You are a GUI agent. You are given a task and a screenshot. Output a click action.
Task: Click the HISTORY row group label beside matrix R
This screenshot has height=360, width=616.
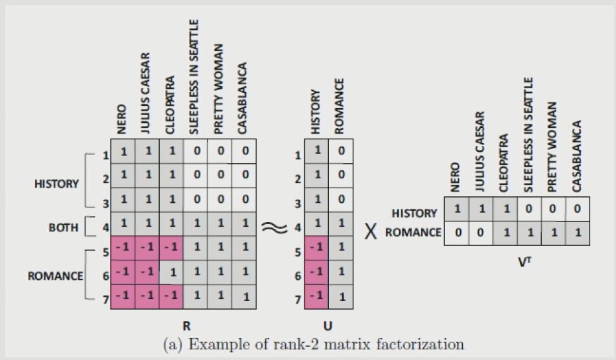[56, 184]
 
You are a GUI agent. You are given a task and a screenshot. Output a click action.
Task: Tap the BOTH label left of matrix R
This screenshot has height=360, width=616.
[63, 227]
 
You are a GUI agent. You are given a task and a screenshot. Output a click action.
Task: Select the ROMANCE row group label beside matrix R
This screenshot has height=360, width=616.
[55, 276]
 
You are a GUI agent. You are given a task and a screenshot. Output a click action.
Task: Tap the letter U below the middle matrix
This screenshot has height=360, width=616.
[328, 326]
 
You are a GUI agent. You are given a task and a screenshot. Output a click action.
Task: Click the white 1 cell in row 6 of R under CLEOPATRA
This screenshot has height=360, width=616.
[172, 272]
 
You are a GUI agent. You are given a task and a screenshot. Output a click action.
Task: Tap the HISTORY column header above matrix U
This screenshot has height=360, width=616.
[316, 111]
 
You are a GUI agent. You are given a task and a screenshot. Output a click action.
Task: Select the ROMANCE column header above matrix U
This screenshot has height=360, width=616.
[339, 106]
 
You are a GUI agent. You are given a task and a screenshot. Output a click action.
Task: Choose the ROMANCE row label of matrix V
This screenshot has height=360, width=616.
[414, 232]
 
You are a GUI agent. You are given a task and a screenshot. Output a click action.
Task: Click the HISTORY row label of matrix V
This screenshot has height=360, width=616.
[414, 213]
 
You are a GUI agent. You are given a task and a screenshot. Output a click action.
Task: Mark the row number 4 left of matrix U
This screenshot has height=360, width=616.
[298, 229]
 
